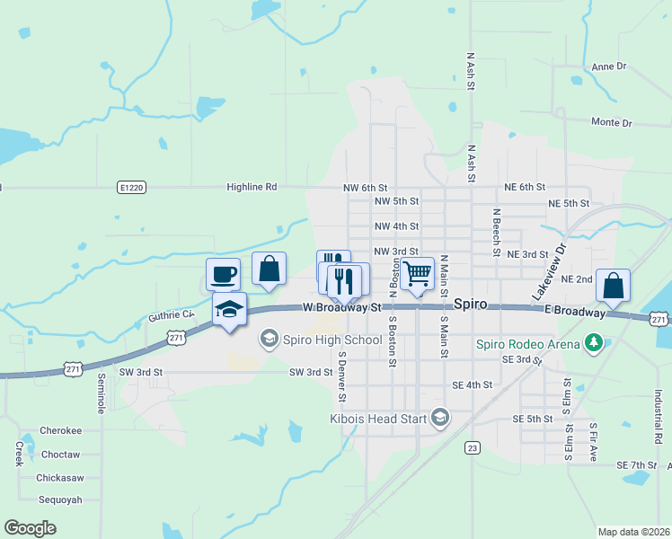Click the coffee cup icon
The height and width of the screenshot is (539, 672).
223,274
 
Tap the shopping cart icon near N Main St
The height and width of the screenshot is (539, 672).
418,274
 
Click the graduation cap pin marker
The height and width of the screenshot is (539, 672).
229,310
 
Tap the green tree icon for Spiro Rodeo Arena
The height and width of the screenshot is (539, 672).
592,341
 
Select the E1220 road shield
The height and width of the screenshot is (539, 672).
130,187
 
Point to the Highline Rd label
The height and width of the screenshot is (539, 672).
252,187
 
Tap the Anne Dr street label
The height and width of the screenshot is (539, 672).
608,67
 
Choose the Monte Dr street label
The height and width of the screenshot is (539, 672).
612,122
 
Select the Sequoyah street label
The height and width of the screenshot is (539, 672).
60,499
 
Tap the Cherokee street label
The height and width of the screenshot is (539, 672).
60,431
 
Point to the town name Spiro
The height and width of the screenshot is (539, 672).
470,305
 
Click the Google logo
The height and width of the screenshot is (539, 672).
30,528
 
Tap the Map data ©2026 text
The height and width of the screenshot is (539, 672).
632,532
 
